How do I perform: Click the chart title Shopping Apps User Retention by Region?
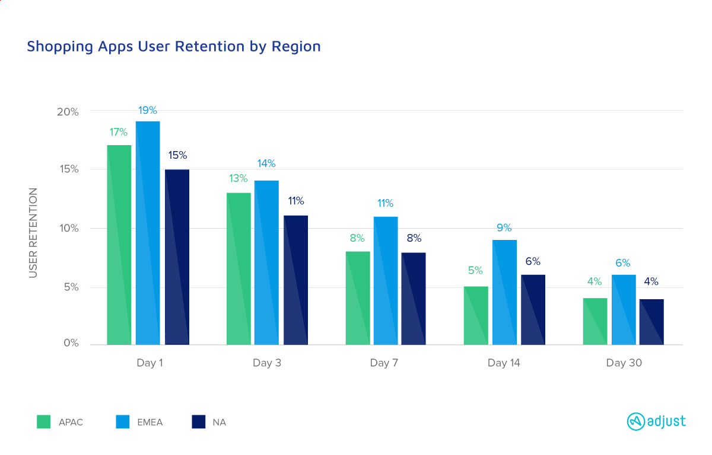click(x=173, y=46)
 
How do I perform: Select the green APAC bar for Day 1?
click(x=119, y=245)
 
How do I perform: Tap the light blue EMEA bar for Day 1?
click(x=148, y=233)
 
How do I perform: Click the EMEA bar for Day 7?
click(x=385, y=280)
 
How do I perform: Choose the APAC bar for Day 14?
click(x=476, y=315)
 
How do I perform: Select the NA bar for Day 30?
click(x=651, y=322)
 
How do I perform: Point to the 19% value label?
click(x=148, y=110)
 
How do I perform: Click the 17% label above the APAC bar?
click(x=119, y=132)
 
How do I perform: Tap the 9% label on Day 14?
click(x=504, y=228)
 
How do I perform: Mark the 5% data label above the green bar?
click(x=475, y=271)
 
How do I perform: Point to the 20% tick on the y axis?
click(x=68, y=111)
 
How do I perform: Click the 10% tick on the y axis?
click(x=68, y=229)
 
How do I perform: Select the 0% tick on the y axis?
click(x=71, y=344)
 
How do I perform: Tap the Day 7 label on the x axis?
click(x=384, y=363)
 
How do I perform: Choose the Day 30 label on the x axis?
click(x=624, y=363)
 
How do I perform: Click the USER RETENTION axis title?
click(x=33, y=232)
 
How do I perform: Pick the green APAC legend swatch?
click(x=44, y=422)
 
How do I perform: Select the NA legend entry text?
click(x=219, y=422)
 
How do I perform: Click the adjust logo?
click(x=656, y=421)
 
